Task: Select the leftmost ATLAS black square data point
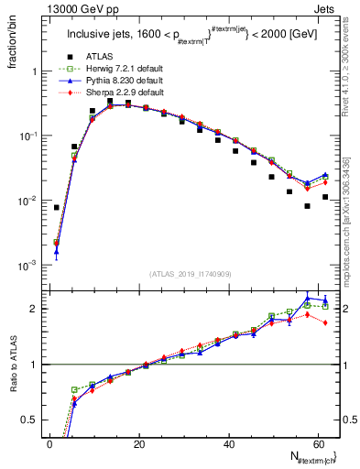point(57,208)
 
